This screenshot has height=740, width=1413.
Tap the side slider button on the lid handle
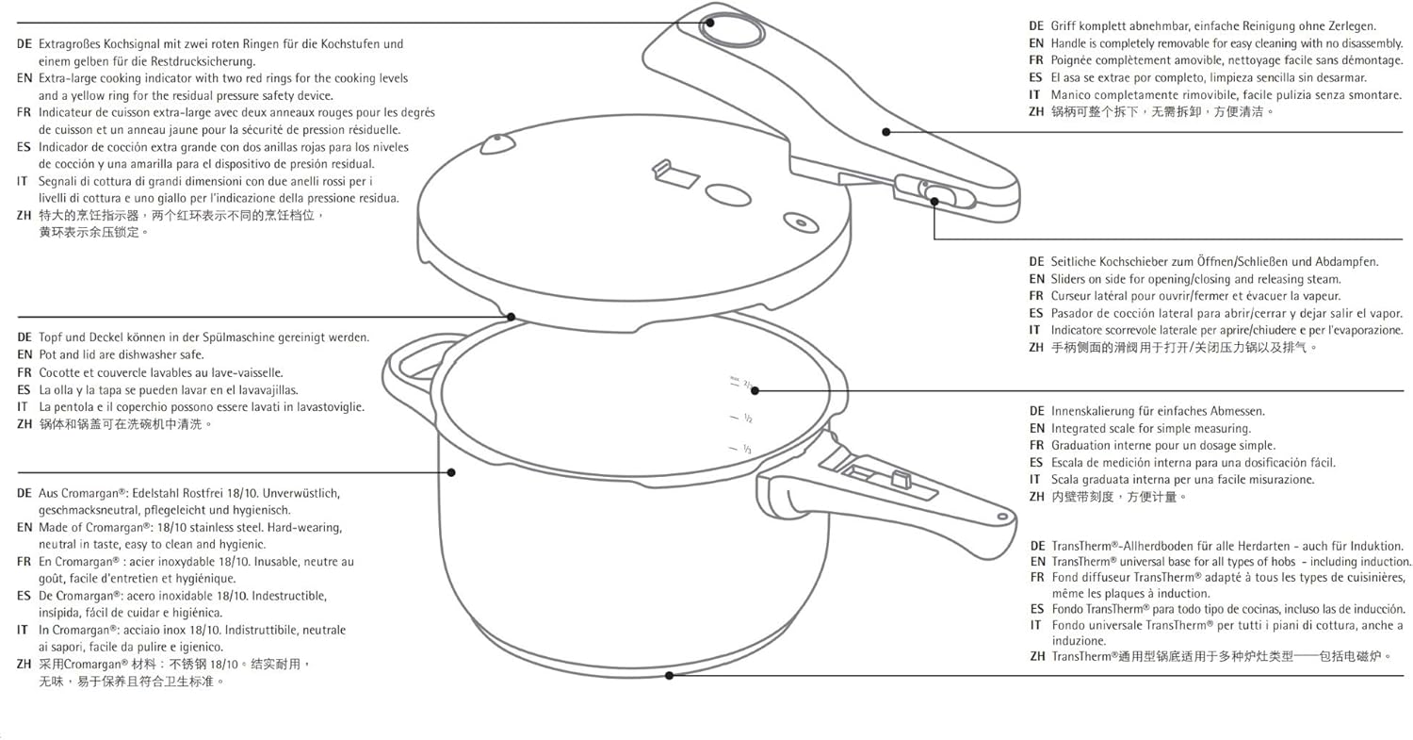pyautogui.click(x=938, y=195)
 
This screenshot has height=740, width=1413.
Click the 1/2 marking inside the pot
pyautogui.click(x=746, y=418)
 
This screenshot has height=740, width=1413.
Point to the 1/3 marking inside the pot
pyautogui.click(x=746, y=450)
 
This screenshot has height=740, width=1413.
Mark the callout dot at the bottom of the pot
pyautogui.click(x=670, y=675)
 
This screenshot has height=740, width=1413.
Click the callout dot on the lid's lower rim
pyautogui.click(x=510, y=317)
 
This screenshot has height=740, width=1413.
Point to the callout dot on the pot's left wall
pyautogui.click(x=451, y=471)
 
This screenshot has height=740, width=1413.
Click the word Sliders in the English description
pyautogui.click(x=1071, y=279)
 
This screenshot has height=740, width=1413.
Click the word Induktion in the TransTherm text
pyautogui.click(x=1378, y=546)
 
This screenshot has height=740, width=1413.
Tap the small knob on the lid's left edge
pyautogui.click(x=498, y=143)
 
